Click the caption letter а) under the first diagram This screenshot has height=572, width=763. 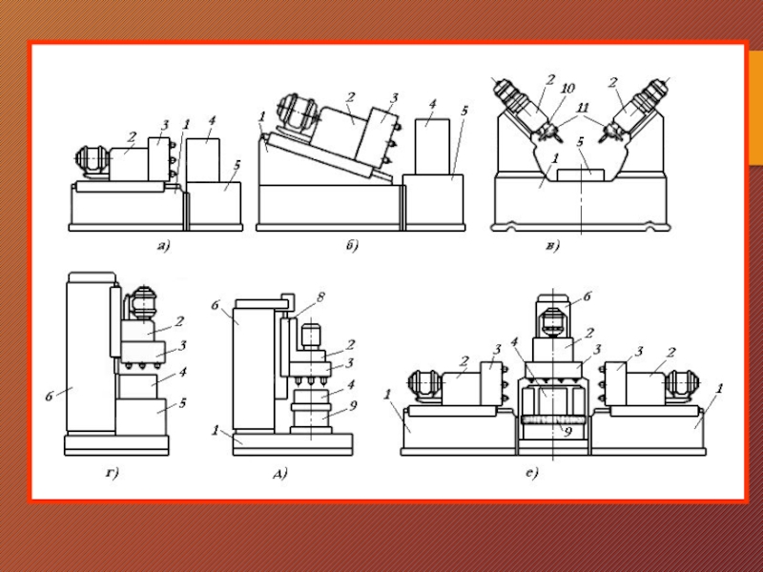(x=163, y=246)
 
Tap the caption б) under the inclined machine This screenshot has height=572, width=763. (x=352, y=245)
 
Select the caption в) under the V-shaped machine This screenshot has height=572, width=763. (x=553, y=246)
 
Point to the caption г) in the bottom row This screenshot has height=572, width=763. (x=113, y=472)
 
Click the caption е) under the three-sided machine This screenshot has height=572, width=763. (x=532, y=472)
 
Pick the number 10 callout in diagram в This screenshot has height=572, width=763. (x=567, y=89)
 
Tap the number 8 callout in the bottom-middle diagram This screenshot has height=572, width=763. (x=320, y=297)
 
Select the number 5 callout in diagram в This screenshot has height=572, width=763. (x=580, y=142)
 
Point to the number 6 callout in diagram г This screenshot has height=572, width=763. (x=50, y=397)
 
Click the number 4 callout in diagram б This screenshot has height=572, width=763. (x=433, y=104)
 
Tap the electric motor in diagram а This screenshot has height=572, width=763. (x=92, y=160)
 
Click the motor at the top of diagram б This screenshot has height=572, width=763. (x=299, y=112)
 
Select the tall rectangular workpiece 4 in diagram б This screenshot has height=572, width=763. (x=432, y=147)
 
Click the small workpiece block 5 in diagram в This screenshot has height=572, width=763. (x=581, y=175)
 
